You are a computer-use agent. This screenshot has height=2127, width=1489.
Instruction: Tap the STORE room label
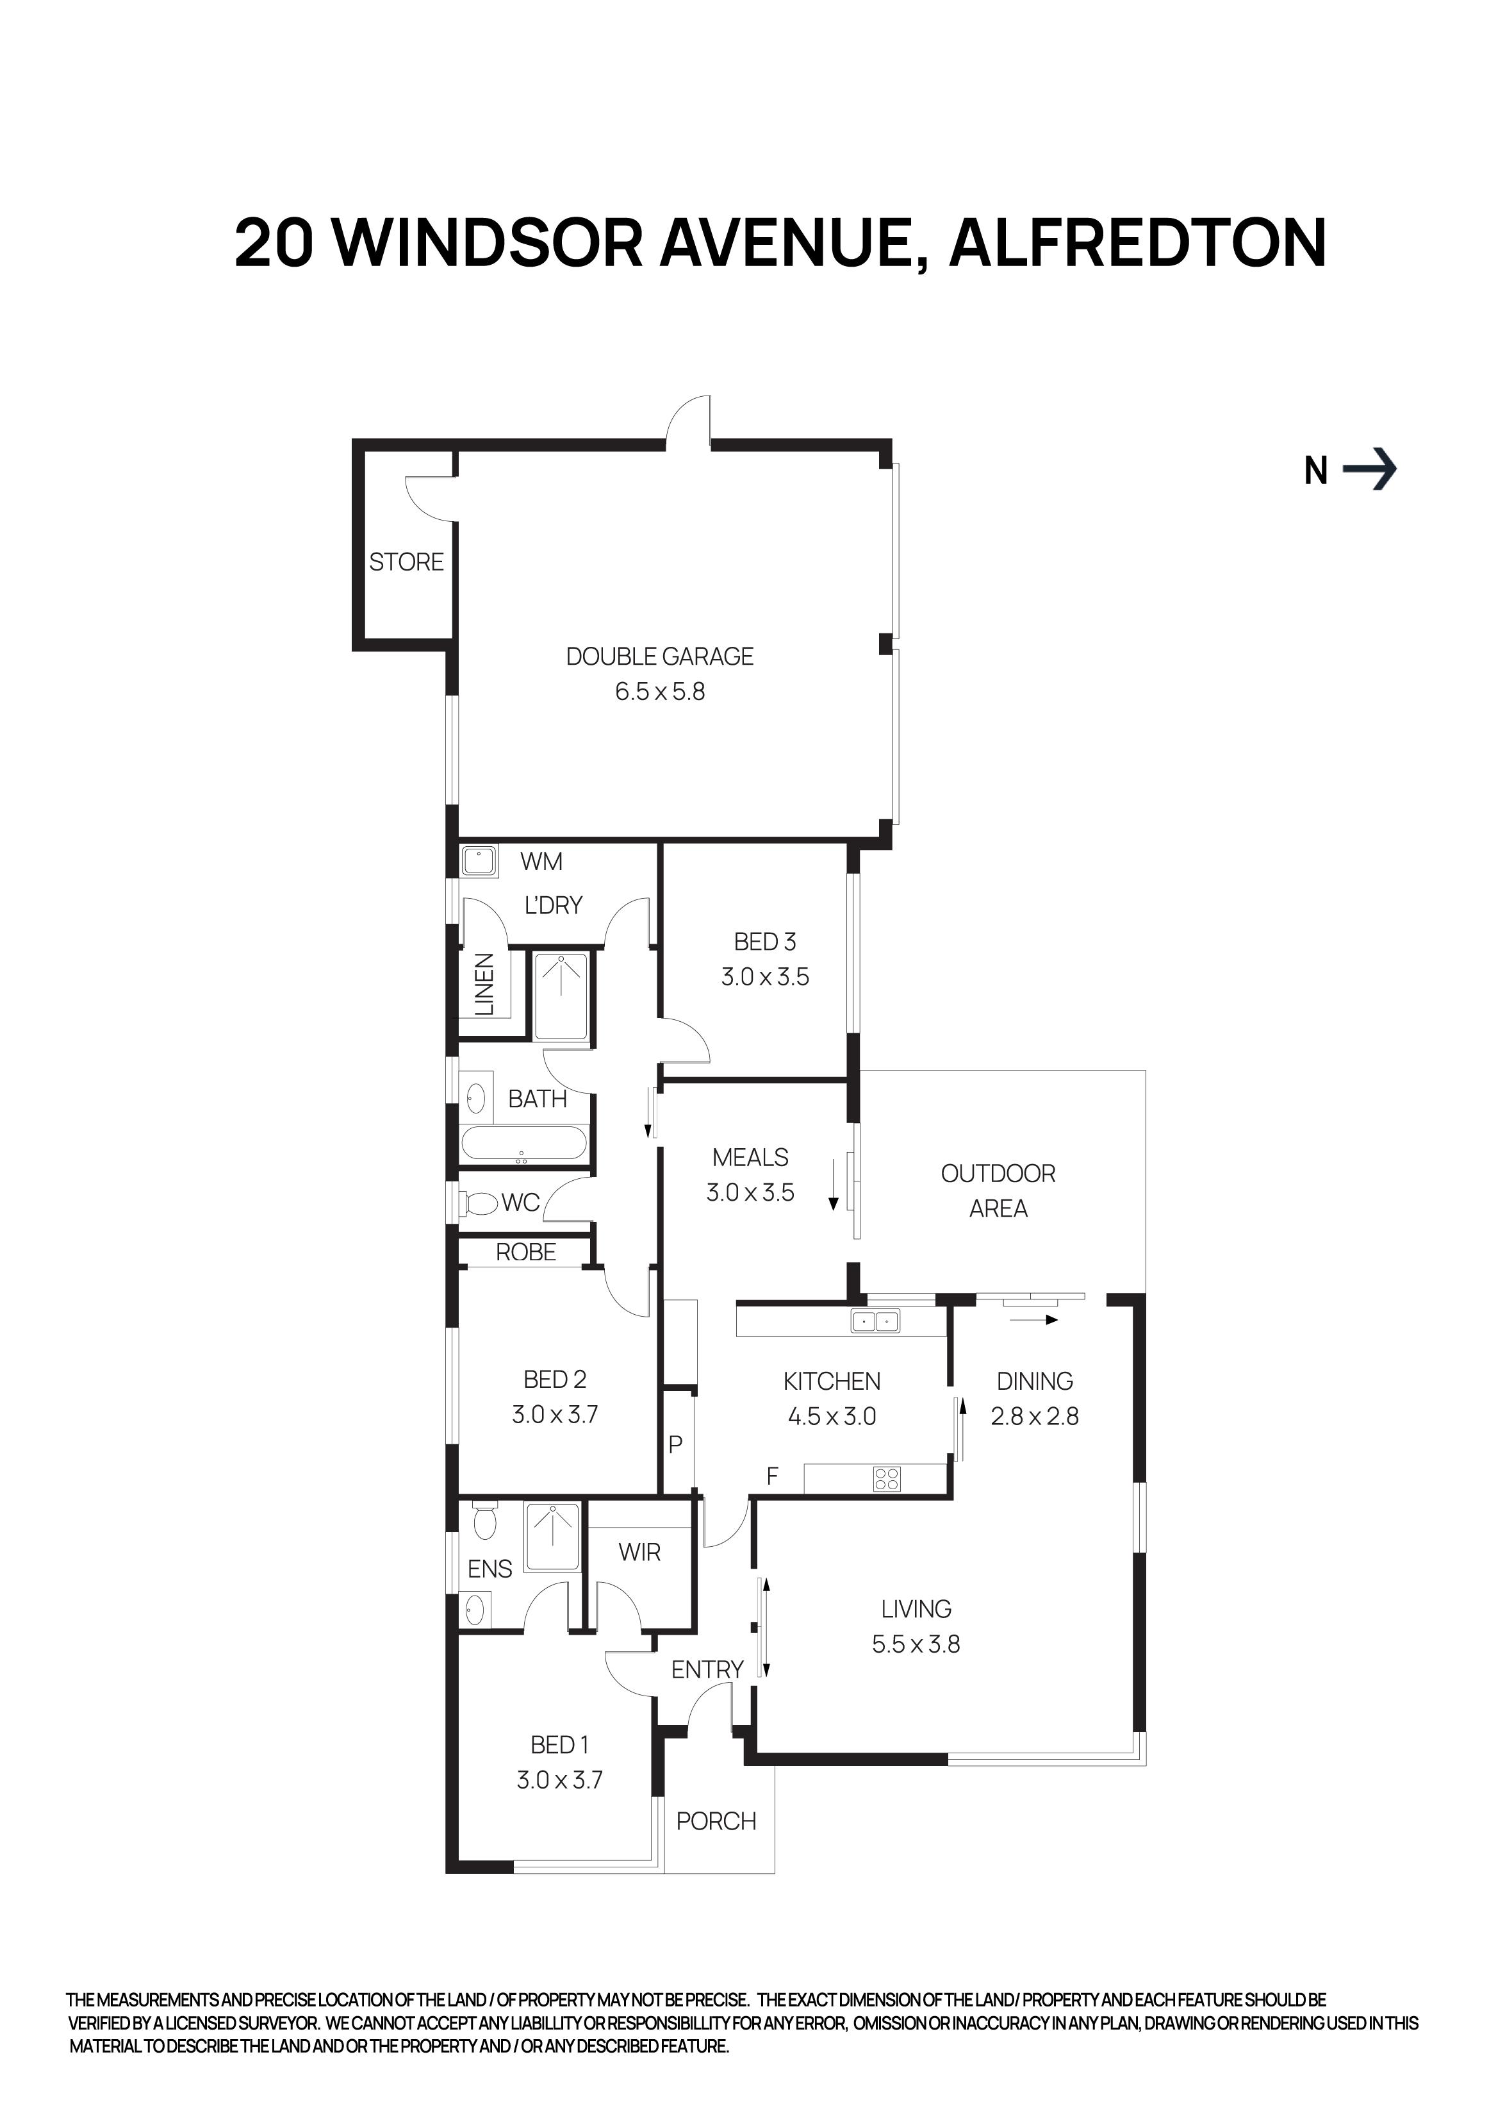click(406, 562)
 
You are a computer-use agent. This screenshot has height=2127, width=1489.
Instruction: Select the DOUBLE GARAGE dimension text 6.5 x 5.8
click(659, 692)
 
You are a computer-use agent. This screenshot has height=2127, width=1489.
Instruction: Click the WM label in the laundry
click(541, 862)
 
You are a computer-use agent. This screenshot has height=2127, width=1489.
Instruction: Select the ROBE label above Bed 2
click(526, 1253)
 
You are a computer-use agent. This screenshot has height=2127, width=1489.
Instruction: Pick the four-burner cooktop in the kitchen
click(886, 1480)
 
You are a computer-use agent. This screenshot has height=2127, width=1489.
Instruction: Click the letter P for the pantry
click(675, 1444)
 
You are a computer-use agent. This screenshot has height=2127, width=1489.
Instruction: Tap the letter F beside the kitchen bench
click(772, 1477)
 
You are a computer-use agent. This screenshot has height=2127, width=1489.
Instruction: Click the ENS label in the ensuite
click(490, 1569)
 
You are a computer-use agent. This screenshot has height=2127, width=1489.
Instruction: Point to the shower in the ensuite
click(553, 1538)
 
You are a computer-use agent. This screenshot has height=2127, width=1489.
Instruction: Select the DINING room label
click(1034, 1381)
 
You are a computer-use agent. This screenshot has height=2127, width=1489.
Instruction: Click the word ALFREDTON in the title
click(1138, 243)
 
